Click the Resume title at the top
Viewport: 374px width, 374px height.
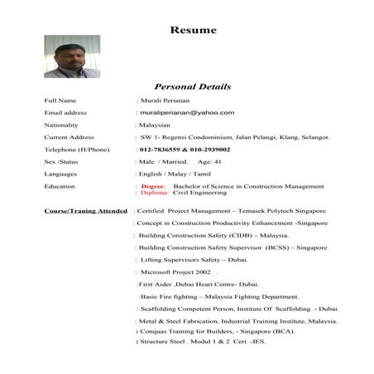click(194, 31)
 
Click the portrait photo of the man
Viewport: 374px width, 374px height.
click(72, 56)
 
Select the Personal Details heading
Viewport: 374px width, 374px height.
click(193, 87)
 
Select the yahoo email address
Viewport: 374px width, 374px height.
click(187, 113)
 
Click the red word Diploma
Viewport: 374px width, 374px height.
click(155, 193)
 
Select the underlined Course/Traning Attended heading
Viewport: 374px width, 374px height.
click(86, 211)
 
